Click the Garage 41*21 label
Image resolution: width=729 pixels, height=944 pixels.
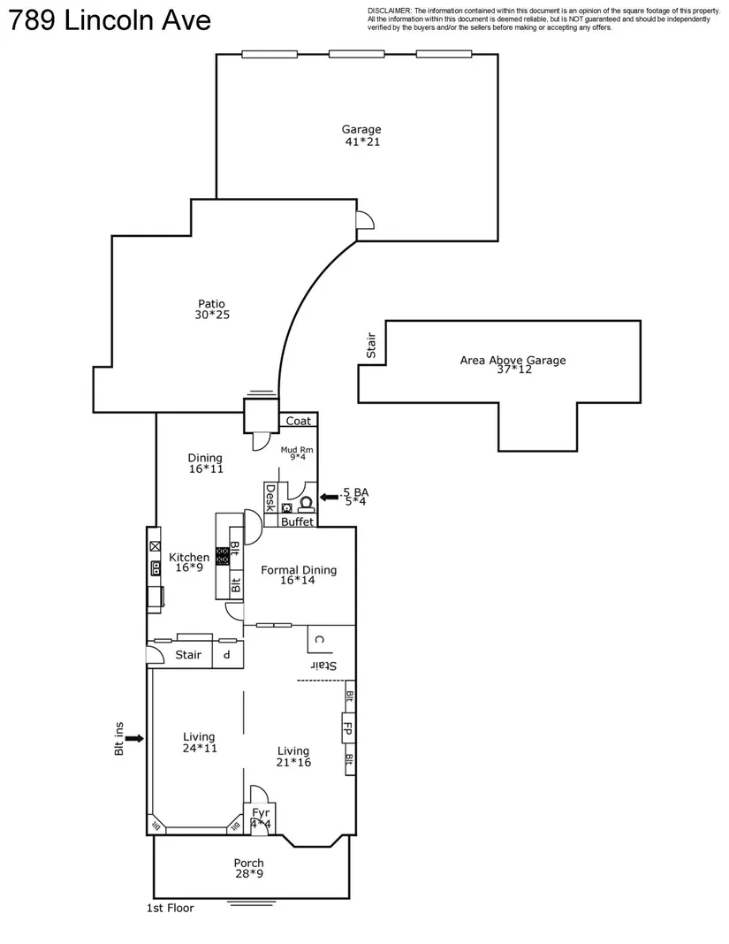pos(361,135)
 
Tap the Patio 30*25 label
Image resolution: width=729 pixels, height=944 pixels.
pos(211,309)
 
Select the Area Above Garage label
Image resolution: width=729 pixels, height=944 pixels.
pos(513,360)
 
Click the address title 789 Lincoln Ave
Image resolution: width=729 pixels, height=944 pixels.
pos(110,20)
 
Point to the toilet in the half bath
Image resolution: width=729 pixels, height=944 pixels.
pos(307,506)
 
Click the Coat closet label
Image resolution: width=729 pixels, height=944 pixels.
pos(297,422)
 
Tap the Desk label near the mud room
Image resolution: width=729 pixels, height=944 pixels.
pos(270,499)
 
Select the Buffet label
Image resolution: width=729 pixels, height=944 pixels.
pos(298,521)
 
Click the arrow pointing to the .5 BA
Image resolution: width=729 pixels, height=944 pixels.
pos(330,498)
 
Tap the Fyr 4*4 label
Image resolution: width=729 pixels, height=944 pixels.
pos(261,818)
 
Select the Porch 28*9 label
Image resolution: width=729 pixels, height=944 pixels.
pos(248,868)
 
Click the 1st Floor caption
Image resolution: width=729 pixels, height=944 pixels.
pos(170,908)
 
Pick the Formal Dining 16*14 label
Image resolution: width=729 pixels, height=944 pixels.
pos(299,575)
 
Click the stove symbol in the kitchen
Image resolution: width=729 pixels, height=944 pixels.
pos(224,557)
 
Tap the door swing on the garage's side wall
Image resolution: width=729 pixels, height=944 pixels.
pos(364,220)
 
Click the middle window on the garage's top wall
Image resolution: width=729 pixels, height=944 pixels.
pos(356,54)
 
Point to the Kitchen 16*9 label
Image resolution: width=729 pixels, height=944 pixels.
pos(189,562)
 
